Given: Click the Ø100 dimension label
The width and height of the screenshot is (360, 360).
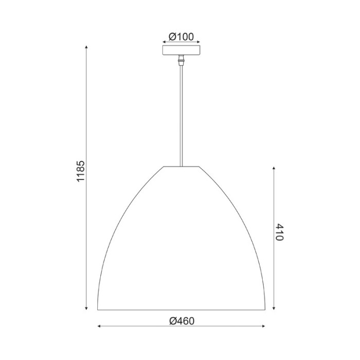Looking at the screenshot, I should click(181, 37).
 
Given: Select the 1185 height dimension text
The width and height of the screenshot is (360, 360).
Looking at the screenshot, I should click(80, 172).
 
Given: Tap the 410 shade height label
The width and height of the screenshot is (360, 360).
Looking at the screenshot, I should click(280, 232).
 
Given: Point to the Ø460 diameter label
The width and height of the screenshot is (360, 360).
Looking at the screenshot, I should click(181, 321).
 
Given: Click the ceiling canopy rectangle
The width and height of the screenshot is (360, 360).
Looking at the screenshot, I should click(181, 51).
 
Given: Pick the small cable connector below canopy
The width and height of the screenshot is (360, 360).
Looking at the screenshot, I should click(181, 60).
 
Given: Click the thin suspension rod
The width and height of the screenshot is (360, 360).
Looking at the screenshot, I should click(181, 113).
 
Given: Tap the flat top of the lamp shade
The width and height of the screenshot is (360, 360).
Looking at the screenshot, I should click(181, 167).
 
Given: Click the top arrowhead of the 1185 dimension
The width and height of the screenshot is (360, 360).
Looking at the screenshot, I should click(86, 48).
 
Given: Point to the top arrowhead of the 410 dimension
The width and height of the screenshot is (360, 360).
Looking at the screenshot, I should click(274, 168).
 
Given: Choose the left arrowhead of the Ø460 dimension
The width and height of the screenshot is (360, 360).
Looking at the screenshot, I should click(99, 327).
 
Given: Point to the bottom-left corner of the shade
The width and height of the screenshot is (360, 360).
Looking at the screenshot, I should click(98, 310).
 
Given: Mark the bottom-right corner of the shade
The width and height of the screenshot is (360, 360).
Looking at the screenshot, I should click(265, 310).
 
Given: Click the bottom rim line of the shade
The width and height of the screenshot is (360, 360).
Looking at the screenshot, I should click(181, 310).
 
